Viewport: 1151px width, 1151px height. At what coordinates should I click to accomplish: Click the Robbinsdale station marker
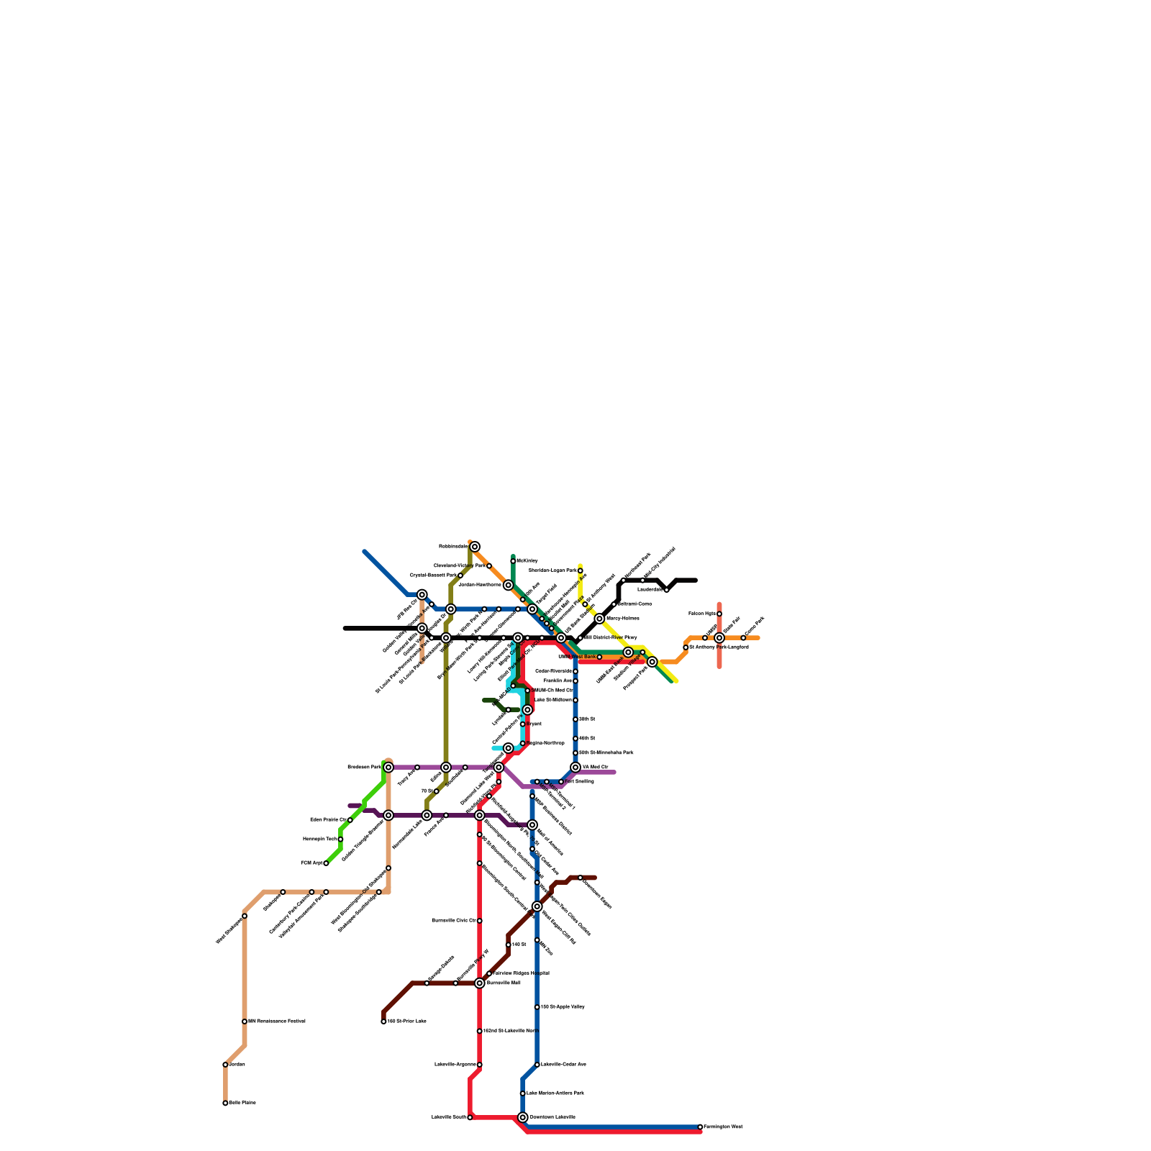[475, 547]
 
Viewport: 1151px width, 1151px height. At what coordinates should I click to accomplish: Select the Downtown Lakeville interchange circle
[523, 1117]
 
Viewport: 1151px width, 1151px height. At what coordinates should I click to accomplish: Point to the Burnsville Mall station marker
[480, 983]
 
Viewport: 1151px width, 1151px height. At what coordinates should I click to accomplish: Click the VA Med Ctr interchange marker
[575, 768]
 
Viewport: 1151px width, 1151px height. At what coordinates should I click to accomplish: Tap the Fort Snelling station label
[580, 781]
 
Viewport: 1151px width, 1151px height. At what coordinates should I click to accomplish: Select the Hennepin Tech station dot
[340, 839]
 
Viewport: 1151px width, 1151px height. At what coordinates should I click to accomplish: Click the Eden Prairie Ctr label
[328, 819]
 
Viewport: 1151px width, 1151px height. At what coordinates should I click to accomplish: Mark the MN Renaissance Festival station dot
[245, 1022]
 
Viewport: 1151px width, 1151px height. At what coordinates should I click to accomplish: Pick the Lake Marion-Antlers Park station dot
[523, 1093]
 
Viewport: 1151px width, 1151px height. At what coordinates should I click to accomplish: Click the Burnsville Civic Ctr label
[453, 920]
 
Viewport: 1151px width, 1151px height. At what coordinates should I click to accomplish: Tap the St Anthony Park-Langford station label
[719, 647]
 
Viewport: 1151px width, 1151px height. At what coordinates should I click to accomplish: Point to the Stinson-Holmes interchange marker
[599, 619]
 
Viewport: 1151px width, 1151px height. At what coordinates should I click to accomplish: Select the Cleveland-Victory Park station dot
[489, 566]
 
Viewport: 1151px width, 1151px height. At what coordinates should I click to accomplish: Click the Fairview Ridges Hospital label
[521, 973]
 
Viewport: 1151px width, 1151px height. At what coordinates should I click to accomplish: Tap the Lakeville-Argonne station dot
[480, 1065]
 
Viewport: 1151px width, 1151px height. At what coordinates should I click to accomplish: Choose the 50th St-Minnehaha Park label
[606, 752]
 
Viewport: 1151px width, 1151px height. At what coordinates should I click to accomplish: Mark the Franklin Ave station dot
[575, 681]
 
